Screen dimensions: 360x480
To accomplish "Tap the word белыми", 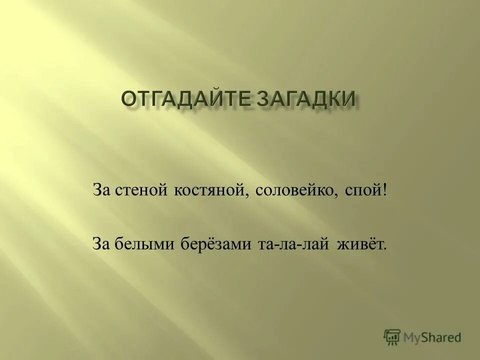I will point(143,244).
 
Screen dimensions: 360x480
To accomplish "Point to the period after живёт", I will point(385,248).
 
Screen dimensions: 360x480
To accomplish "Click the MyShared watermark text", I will point(433,337).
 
